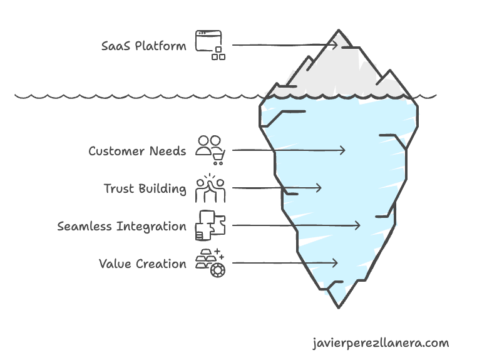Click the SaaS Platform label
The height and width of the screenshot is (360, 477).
pos(143,46)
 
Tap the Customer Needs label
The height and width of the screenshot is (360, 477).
pos(137,151)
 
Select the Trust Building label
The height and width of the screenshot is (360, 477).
pos(145,188)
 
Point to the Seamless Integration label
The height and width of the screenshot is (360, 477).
pos(121,226)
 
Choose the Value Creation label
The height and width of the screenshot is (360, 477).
pos(143,264)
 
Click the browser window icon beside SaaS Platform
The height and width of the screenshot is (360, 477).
pos(210,45)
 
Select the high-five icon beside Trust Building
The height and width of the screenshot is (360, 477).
pos(210,188)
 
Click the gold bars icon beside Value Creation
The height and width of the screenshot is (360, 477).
pos(210,263)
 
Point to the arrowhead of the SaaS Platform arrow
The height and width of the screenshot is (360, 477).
pos(335,44)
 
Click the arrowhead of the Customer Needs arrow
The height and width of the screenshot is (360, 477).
pos(342,150)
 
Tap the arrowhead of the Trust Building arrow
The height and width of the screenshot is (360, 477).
pos(319,188)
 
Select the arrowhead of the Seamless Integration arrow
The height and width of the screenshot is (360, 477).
pos(357,225)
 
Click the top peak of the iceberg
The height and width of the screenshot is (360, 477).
pos(339,30)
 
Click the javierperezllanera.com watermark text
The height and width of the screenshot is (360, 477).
pos(380,343)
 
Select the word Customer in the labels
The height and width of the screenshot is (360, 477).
pos(115,151)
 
